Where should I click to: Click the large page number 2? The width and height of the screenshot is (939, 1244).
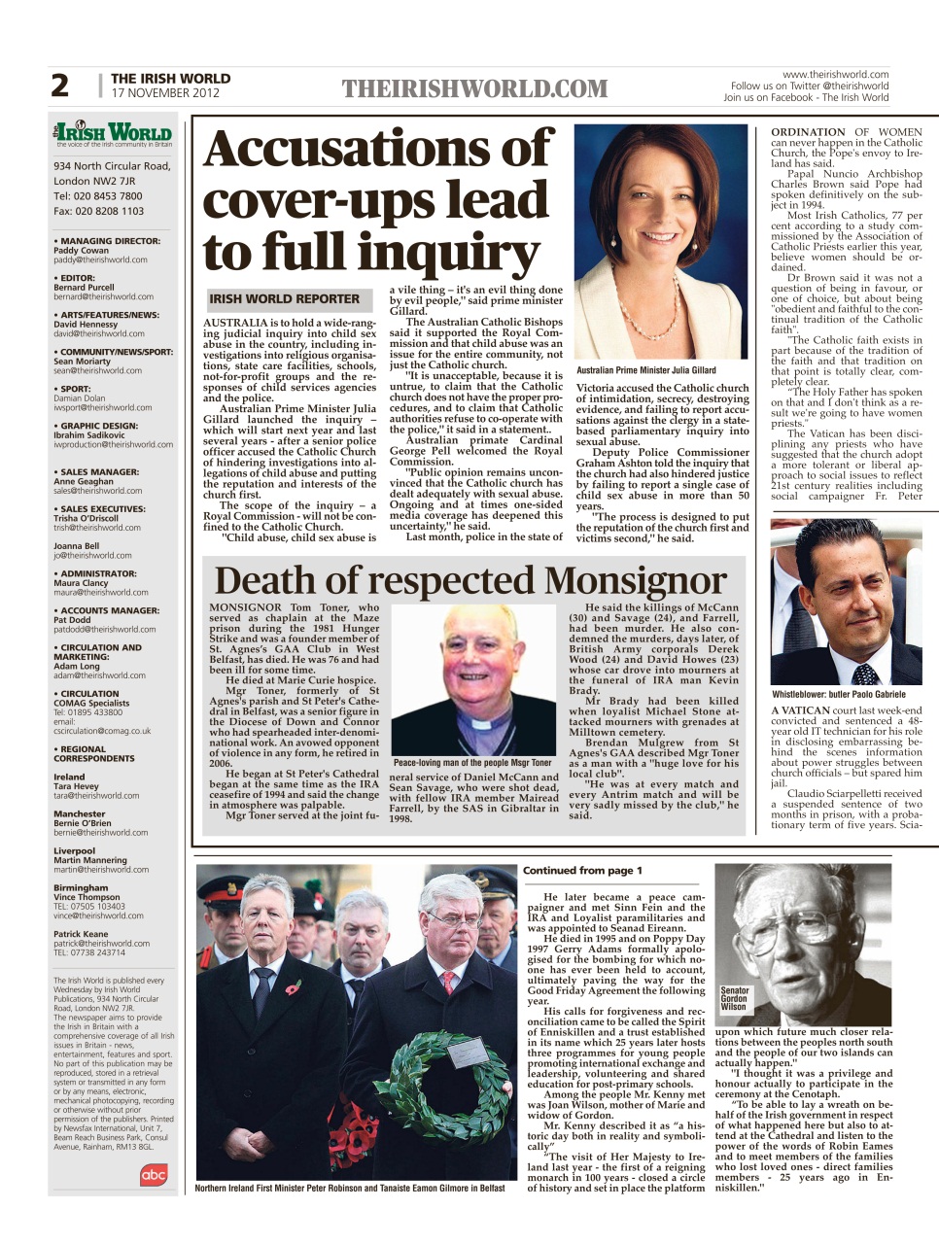(60, 86)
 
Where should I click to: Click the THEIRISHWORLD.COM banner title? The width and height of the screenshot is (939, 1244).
(474, 90)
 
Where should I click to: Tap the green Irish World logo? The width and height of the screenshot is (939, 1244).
(113, 133)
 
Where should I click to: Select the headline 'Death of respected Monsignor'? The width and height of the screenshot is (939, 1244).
(469, 580)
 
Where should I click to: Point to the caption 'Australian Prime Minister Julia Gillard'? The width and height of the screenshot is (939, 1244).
(645, 370)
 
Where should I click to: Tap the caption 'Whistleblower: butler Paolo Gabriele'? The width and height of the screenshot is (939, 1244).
(839, 694)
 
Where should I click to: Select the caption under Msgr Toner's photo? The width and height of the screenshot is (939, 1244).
(472, 763)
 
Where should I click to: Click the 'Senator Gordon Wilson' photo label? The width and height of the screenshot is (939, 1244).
(734, 999)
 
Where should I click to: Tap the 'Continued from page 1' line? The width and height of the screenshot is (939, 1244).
(582, 870)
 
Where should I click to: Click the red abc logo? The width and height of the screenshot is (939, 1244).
(154, 1175)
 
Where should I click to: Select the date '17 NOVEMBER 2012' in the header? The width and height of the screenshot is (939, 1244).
(165, 93)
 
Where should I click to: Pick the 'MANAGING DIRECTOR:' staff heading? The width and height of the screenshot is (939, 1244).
(109, 241)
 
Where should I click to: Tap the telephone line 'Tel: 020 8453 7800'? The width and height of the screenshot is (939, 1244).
(97, 196)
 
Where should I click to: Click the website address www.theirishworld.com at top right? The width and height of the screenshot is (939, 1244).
(835, 74)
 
